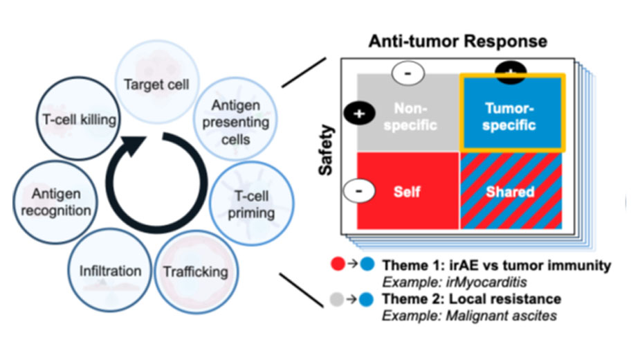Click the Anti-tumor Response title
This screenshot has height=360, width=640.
(458, 41)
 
